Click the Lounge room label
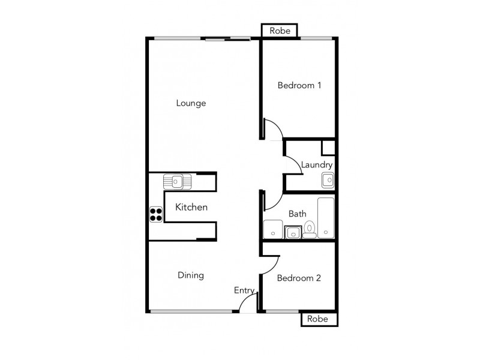point(191,103)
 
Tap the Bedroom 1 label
point(299,86)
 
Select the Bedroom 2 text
point(299,278)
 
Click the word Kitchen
point(191,208)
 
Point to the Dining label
point(191,275)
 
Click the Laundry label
point(316,164)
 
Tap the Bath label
point(297,214)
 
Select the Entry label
point(244,290)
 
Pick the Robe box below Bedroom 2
point(317,319)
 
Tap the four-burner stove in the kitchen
point(156,214)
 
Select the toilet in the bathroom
point(310,229)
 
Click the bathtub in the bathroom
point(326,217)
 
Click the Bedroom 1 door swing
point(271,129)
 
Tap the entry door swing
point(248,304)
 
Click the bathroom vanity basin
point(293,232)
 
